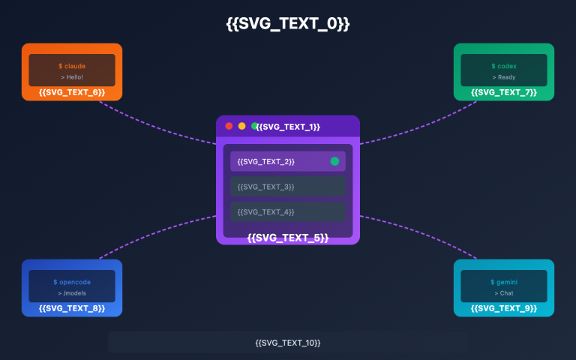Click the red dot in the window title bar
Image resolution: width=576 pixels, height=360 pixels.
tap(229, 126)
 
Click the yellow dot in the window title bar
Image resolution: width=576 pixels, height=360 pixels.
tap(242, 126)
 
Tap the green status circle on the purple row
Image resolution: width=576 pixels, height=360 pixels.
tap(334, 161)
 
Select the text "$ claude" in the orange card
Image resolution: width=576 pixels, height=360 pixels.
tap(72, 66)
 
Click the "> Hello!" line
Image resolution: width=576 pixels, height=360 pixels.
tap(72, 77)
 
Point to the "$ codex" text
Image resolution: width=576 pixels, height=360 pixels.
tap(504, 66)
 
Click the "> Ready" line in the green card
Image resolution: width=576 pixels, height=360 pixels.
tap(504, 77)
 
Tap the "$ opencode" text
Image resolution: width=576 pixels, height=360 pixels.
tap(72, 282)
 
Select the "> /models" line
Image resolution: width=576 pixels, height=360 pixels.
tap(72, 293)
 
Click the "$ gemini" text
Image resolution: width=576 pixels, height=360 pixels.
tap(504, 282)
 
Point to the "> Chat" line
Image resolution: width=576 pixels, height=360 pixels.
tap(504, 293)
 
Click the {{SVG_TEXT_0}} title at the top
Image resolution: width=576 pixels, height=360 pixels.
tap(288, 24)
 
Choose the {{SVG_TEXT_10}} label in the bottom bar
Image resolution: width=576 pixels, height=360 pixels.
tap(288, 343)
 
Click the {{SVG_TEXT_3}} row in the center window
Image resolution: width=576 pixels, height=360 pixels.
tap(288, 186)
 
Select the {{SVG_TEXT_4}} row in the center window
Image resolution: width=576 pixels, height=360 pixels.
tap(288, 212)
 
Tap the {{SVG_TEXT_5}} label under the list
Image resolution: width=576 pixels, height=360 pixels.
tap(288, 238)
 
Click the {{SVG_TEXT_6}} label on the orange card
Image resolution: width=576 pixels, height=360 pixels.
tap(72, 92)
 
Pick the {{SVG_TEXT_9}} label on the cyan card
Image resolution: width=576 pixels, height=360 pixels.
tap(504, 308)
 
